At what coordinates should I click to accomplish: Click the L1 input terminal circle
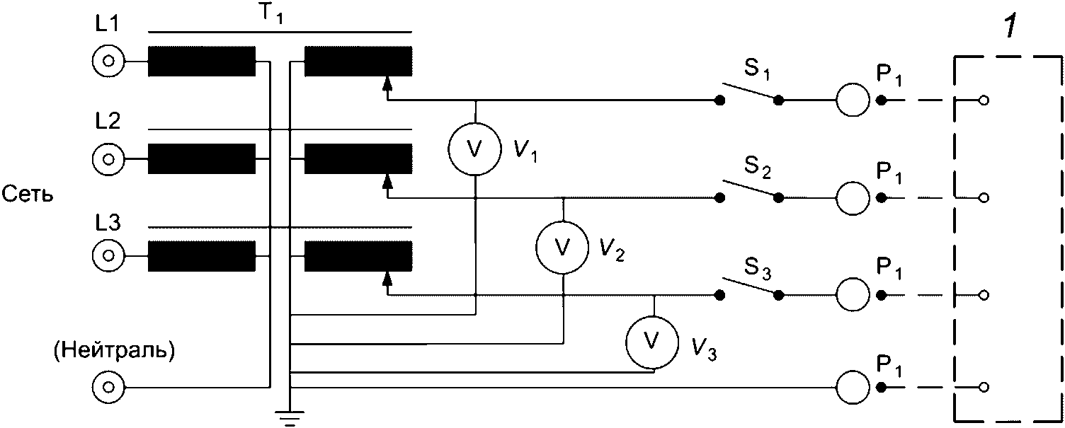(x=108, y=62)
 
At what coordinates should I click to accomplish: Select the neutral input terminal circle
(x=108, y=388)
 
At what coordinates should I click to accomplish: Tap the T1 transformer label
(x=270, y=16)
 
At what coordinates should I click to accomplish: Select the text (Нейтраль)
(x=113, y=351)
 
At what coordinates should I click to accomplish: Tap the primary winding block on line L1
(x=201, y=62)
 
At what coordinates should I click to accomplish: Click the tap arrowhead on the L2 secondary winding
(x=387, y=183)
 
